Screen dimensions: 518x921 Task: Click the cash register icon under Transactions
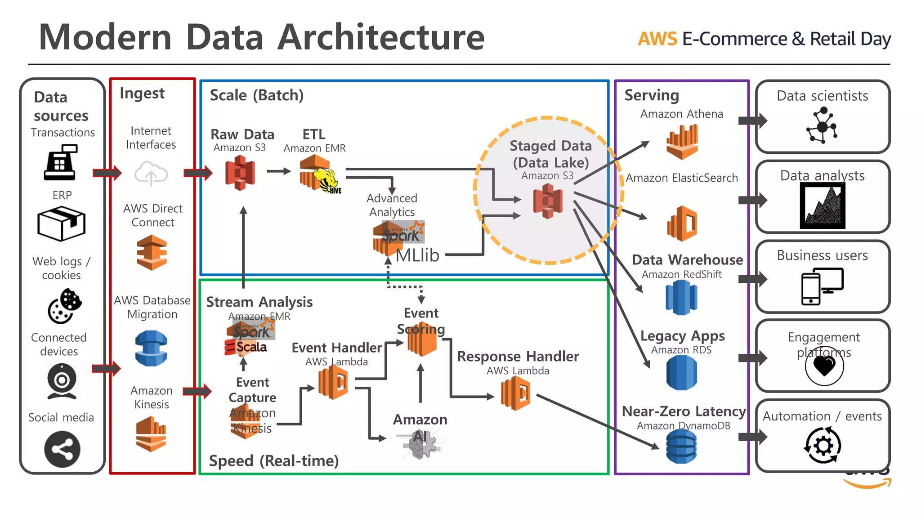pyautogui.click(x=61, y=163)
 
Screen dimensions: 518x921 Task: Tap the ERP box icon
pyautogui.click(x=61, y=223)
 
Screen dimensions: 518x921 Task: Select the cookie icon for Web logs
pyautogui.click(x=64, y=306)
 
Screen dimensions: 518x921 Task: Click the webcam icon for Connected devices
pyautogui.click(x=62, y=382)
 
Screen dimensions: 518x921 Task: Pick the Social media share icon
pyautogui.click(x=62, y=449)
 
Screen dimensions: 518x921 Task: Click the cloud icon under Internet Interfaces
pyautogui.click(x=151, y=174)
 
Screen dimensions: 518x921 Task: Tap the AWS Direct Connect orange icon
pyautogui.click(x=152, y=253)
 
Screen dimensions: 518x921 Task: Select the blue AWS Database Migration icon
pyautogui.click(x=151, y=348)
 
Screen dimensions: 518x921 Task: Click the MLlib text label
pyautogui.click(x=417, y=255)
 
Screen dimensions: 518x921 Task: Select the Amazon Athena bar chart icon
pyautogui.click(x=682, y=142)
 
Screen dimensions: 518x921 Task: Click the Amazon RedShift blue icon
pyautogui.click(x=681, y=298)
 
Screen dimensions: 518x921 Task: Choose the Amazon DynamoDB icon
pyautogui.click(x=681, y=447)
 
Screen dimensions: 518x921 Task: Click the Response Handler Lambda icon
pyautogui.click(x=515, y=393)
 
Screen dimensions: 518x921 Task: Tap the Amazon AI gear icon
pyautogui.click(x=421, y=444)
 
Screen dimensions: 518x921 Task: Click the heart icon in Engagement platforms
pyautogui.click(x=824, y=366)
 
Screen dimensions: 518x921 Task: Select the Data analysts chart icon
pyautogui.click(x=823, y=206)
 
